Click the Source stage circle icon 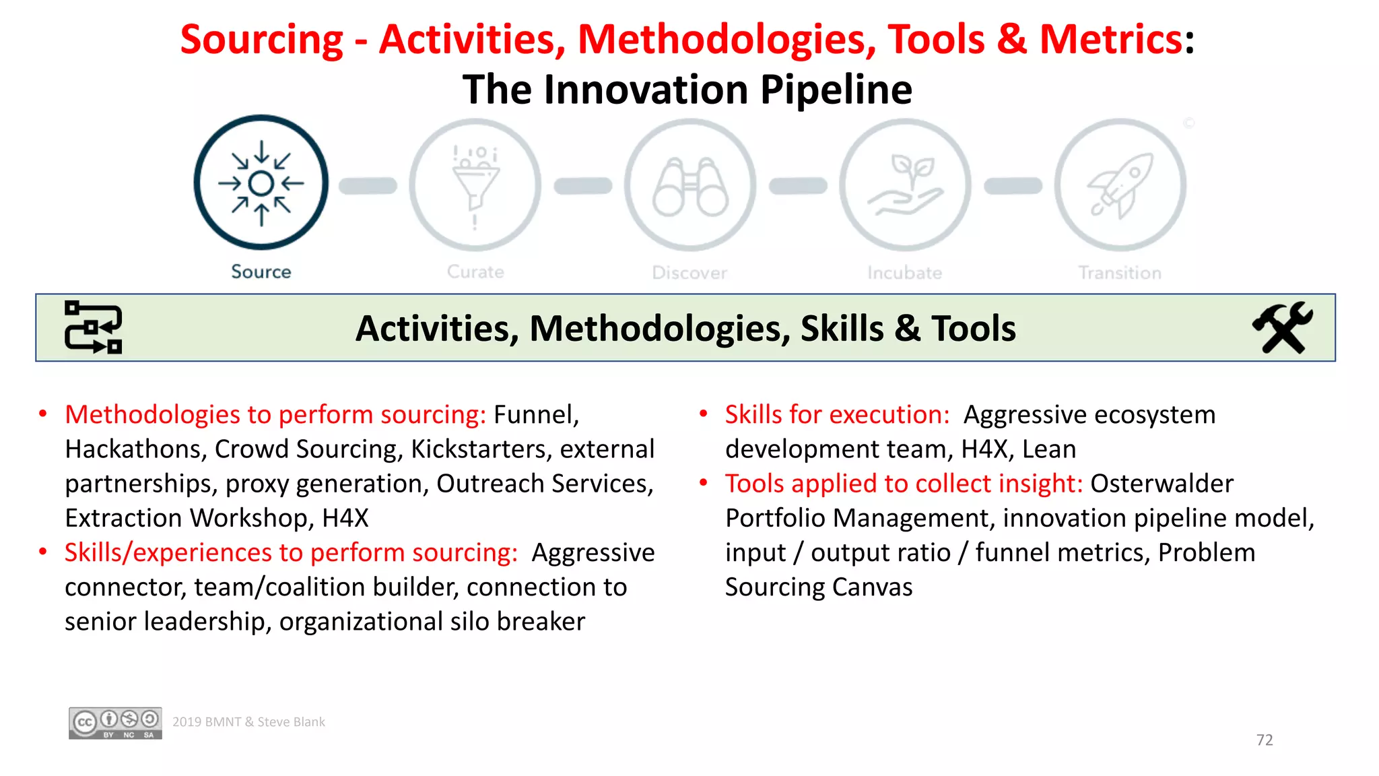tap(261, 183)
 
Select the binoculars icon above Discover tap(690, 186)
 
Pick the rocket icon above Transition tap(1120, 186)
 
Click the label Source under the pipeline tap(261, 271)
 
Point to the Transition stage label tap(1120, 273)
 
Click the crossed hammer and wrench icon tap(1282, 327)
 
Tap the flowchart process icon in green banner tap(94, 327)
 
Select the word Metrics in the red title tap(1111, 39)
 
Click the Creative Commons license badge tap(115, 723)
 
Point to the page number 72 tap(1265, 740)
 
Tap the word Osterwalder tap(1162, 484)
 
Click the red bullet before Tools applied tap(704, 482)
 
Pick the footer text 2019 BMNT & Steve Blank tap(248, 722)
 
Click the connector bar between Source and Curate tap(368, 186)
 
